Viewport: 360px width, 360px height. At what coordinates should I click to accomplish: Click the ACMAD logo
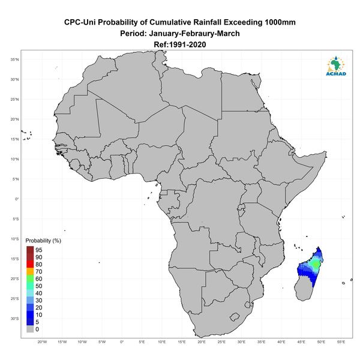336,66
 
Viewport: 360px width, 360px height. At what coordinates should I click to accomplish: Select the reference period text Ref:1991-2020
180,44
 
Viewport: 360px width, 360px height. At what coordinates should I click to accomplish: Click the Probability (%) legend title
43,241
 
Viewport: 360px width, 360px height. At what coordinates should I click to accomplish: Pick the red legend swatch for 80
30,264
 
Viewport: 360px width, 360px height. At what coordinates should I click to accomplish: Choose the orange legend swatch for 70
30,271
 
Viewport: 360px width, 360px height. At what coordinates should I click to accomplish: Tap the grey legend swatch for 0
30,329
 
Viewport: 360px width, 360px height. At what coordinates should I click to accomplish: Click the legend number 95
39,250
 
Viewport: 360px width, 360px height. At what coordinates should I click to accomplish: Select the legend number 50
39,286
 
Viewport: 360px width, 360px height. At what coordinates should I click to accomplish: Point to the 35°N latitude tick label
14,59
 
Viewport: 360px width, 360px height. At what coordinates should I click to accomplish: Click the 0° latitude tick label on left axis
17,199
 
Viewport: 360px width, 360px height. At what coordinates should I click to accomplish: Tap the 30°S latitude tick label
14,319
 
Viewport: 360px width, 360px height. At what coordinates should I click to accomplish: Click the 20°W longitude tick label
42,342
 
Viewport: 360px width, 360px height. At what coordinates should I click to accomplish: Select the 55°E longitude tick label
341,342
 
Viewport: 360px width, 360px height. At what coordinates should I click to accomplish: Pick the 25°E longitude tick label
221,342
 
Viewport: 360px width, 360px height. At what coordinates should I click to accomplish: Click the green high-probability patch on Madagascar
316,264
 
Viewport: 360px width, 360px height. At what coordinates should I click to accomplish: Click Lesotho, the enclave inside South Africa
235,317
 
